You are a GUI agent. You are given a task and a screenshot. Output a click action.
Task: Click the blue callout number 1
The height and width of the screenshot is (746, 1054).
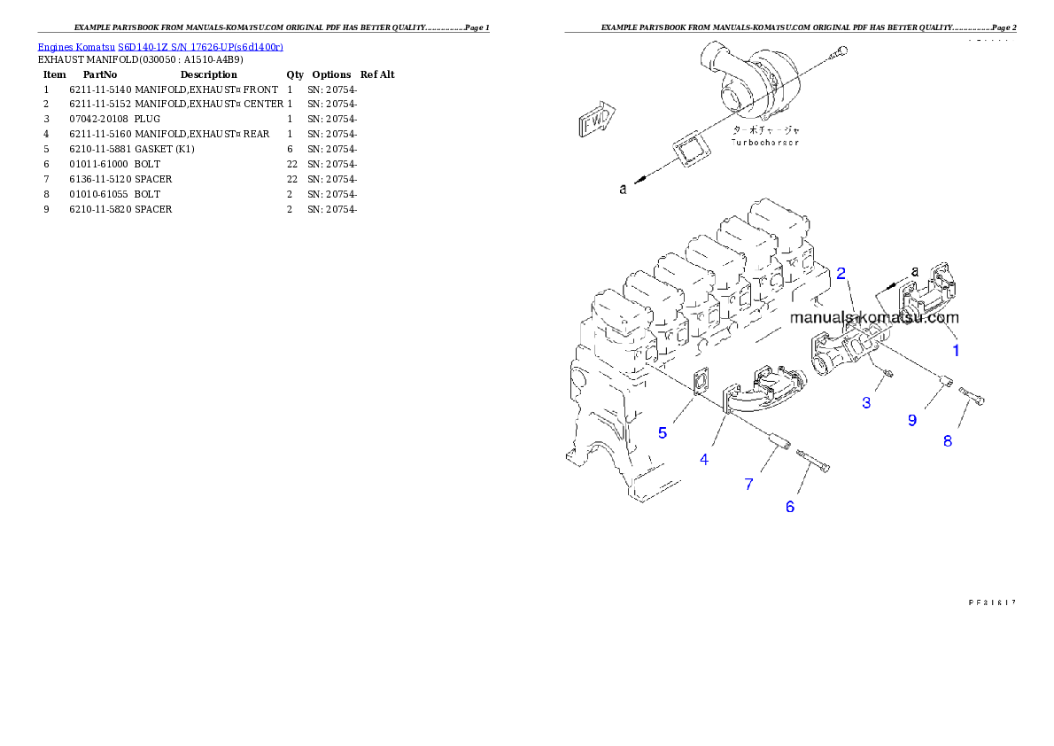coord(956,350)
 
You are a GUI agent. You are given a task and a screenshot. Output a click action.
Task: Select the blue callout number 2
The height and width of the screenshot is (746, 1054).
coord(842,272)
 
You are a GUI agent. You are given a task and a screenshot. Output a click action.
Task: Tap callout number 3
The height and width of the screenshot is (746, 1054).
coord(866,403)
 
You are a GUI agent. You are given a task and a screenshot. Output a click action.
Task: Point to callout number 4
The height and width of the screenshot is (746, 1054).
coord(704,460)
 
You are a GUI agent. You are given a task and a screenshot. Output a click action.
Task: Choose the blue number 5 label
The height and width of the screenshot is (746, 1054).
coord(662,433)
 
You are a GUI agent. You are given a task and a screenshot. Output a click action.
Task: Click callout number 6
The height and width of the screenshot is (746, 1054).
coord(790,507)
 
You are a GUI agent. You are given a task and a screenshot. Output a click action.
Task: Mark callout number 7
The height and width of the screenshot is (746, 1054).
coord(748,484)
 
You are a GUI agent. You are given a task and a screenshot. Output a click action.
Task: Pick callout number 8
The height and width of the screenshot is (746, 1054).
coord(947,440)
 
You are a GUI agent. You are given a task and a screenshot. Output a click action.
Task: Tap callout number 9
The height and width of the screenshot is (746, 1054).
coord(912,421)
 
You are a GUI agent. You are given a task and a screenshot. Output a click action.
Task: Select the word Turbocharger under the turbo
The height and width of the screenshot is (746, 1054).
coord(764,142)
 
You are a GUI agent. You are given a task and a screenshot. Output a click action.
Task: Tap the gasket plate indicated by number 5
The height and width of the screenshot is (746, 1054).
coord(700,383)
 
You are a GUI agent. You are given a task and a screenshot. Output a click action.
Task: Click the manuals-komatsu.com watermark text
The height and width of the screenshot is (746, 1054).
coord(873,317)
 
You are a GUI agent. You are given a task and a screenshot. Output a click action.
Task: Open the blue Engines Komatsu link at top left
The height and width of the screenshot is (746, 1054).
coord(160,46)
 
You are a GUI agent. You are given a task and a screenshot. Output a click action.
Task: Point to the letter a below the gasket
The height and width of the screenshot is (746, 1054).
coord(623,189)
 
